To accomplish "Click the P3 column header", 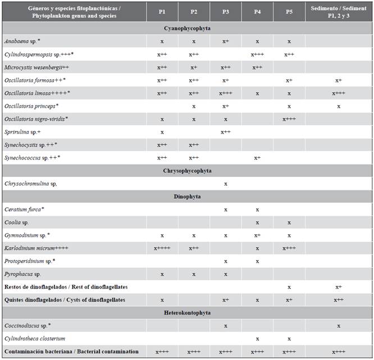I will (x=225, y=11).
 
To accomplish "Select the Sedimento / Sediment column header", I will (x=339, y=11).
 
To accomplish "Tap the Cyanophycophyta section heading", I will (x=187, y=28).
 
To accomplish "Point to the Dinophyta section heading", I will (x=187, y=197).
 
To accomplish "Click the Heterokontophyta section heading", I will (x=187, y=313).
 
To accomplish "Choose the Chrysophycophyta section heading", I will (x=187, y=171).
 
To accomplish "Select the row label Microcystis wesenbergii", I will (x=45, y=67).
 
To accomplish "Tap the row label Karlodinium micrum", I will (x=44, y=248).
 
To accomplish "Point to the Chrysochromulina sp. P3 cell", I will (x=225, y=184).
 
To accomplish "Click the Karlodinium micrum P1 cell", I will (x=162, y=248).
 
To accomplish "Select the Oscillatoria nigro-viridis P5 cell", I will (x=289, y=119).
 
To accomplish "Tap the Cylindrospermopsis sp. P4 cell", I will (x=257, y=54).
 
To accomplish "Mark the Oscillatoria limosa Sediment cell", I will (x=339, y=93).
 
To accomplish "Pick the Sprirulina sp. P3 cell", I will (x=225, y=132).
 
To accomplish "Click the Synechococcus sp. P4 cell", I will (x=257, y=158).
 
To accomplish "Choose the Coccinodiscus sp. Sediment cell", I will (x=339, y=326).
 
